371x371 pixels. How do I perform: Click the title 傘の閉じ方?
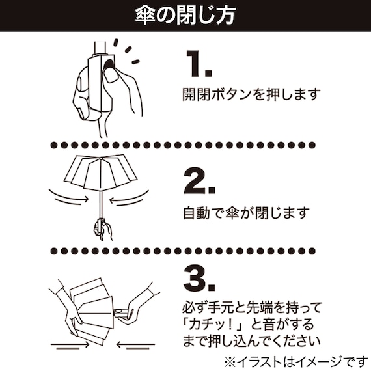click(185, 15)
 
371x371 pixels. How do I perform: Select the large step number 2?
click(199, 179)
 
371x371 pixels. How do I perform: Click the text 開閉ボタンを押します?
click(251, 95)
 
